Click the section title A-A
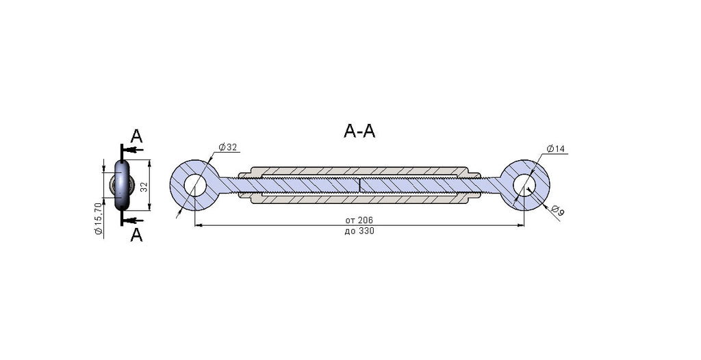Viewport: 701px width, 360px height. coord(359,131)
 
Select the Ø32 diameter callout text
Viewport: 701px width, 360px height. coord(227,147)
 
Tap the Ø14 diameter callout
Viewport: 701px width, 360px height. coord(556,149)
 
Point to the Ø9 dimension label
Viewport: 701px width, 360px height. coord(557,210)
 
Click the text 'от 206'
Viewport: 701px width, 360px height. coord(359,220)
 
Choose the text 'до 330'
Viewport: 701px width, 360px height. coord(359,231)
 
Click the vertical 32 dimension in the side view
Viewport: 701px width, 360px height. coord(144,186)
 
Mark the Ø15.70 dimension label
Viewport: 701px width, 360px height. coord(99,218)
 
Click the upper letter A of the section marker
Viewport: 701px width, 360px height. coord(136,136)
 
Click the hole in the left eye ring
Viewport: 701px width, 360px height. coord(194,185)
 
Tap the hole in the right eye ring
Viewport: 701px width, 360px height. coord(524,185)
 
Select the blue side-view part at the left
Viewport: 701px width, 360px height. coord(122,185)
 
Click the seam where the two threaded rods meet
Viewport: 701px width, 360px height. coord(359,185)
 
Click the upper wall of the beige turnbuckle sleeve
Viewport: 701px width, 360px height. coord(359,171)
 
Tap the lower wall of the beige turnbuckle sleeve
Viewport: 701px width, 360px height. coord(359,199)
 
